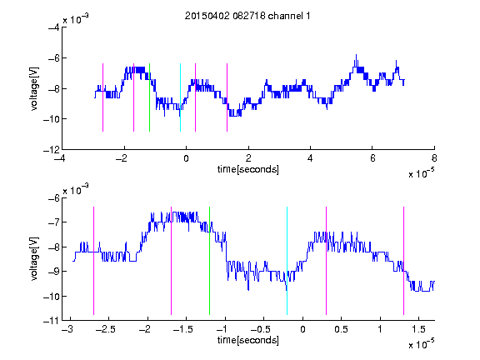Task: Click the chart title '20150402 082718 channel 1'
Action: [x=247, y=16]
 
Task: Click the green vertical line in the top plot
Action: [x=149, y=97]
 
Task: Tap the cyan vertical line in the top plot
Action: [x=180, y=97]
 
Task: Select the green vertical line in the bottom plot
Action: [x=209, y=261]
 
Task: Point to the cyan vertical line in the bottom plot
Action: [x=287, y=261]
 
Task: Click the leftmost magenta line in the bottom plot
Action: [x=93, y=261]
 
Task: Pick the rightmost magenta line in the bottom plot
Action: [x=403, y=261]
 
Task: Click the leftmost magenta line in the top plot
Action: [x=102, y=97]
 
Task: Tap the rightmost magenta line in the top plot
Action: [x=227, y=97]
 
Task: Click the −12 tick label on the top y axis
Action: [x=52, y=150]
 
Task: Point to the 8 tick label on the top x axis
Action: [x=434, y=158]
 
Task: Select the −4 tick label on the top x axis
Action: [x=59, y=158]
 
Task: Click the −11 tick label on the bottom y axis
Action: [x=52, y=321]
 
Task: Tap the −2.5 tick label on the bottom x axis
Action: [x=105, y=329]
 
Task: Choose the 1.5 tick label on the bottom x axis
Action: [x=418, y=329]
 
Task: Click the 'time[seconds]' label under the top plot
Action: [x=248, y=169]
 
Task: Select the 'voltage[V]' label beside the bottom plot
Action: [x=34, y=258]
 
